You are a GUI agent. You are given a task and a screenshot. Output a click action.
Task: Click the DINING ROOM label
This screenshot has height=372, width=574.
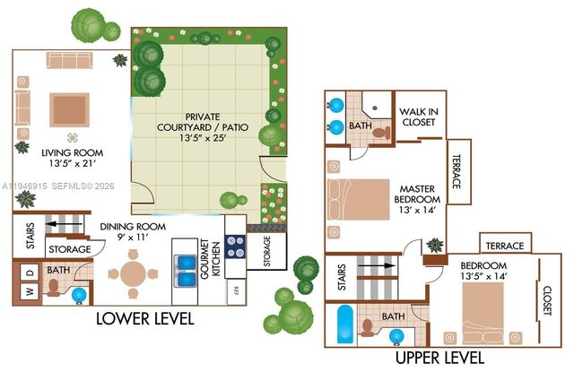tap(133, 232)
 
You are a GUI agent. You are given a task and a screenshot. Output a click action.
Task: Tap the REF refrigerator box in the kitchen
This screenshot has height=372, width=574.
tap(236, 290)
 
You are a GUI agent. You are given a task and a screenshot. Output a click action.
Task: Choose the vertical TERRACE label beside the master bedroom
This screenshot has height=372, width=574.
tap(457, 171)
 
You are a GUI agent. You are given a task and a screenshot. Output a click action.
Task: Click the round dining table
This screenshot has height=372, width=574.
tap(133, 273)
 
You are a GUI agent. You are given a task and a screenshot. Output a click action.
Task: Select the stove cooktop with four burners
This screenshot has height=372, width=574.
tap(236, 245)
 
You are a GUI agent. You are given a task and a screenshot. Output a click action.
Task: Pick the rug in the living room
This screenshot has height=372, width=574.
tap(69, 109)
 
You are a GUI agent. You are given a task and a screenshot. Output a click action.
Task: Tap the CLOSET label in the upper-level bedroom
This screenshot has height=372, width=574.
tap(547, 301)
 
